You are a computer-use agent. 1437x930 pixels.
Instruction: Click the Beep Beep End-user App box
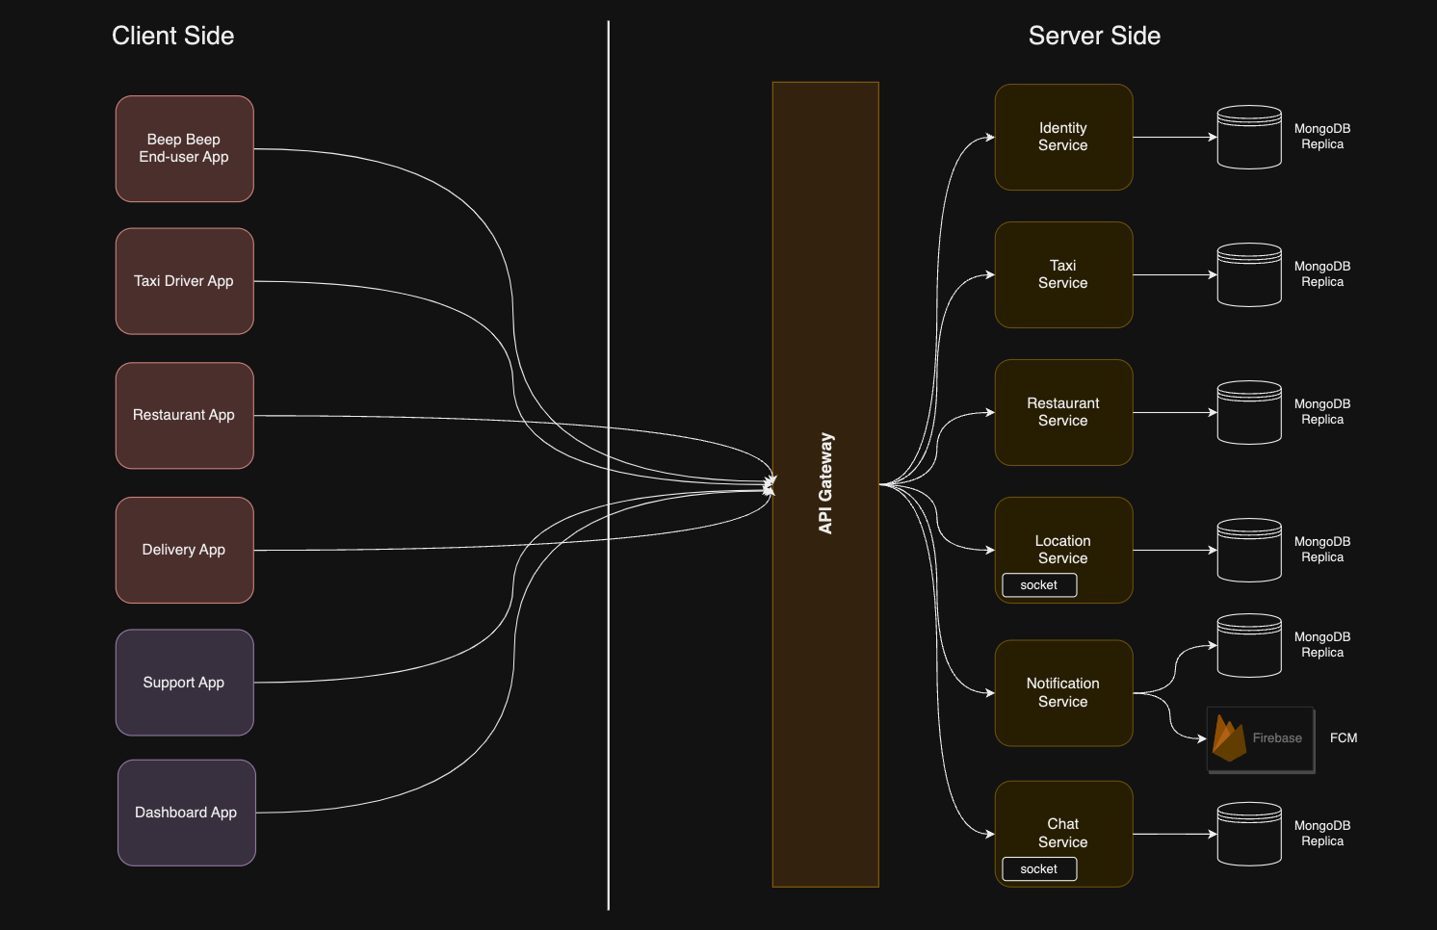(185, 149)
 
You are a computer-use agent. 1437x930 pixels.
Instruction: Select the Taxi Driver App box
(185, 281)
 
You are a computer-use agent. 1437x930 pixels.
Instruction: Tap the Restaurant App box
(185, 416)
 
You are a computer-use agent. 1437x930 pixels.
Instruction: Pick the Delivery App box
(185, 551)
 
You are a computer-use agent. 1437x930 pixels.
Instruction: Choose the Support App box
(185, 683)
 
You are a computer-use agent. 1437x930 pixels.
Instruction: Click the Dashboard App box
(187, 813)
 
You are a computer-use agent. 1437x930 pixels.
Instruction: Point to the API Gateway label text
(825, 483)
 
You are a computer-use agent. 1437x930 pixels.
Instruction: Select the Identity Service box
(1063, 138)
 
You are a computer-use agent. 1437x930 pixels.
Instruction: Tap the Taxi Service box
(1063, 274)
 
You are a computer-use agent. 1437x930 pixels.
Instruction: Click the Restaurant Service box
(1063, 412)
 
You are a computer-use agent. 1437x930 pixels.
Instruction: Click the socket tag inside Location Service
(1039, 585)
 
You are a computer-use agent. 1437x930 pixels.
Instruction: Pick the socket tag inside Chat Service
(1039, 869)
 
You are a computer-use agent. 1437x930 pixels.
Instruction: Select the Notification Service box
(1063, 693)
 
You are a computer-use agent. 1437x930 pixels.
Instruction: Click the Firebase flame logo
(1229, 738)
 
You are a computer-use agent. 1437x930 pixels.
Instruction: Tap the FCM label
(1344, 738)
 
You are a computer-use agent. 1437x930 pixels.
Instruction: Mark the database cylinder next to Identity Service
(1250, 138)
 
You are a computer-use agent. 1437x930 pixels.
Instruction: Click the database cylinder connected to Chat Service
(1250, 834)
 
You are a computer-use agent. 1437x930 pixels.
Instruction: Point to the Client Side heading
(173, 36)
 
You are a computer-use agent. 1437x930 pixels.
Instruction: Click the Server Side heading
(1094, 36)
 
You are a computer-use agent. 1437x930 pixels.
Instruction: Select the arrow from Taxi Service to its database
(1175, 274)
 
